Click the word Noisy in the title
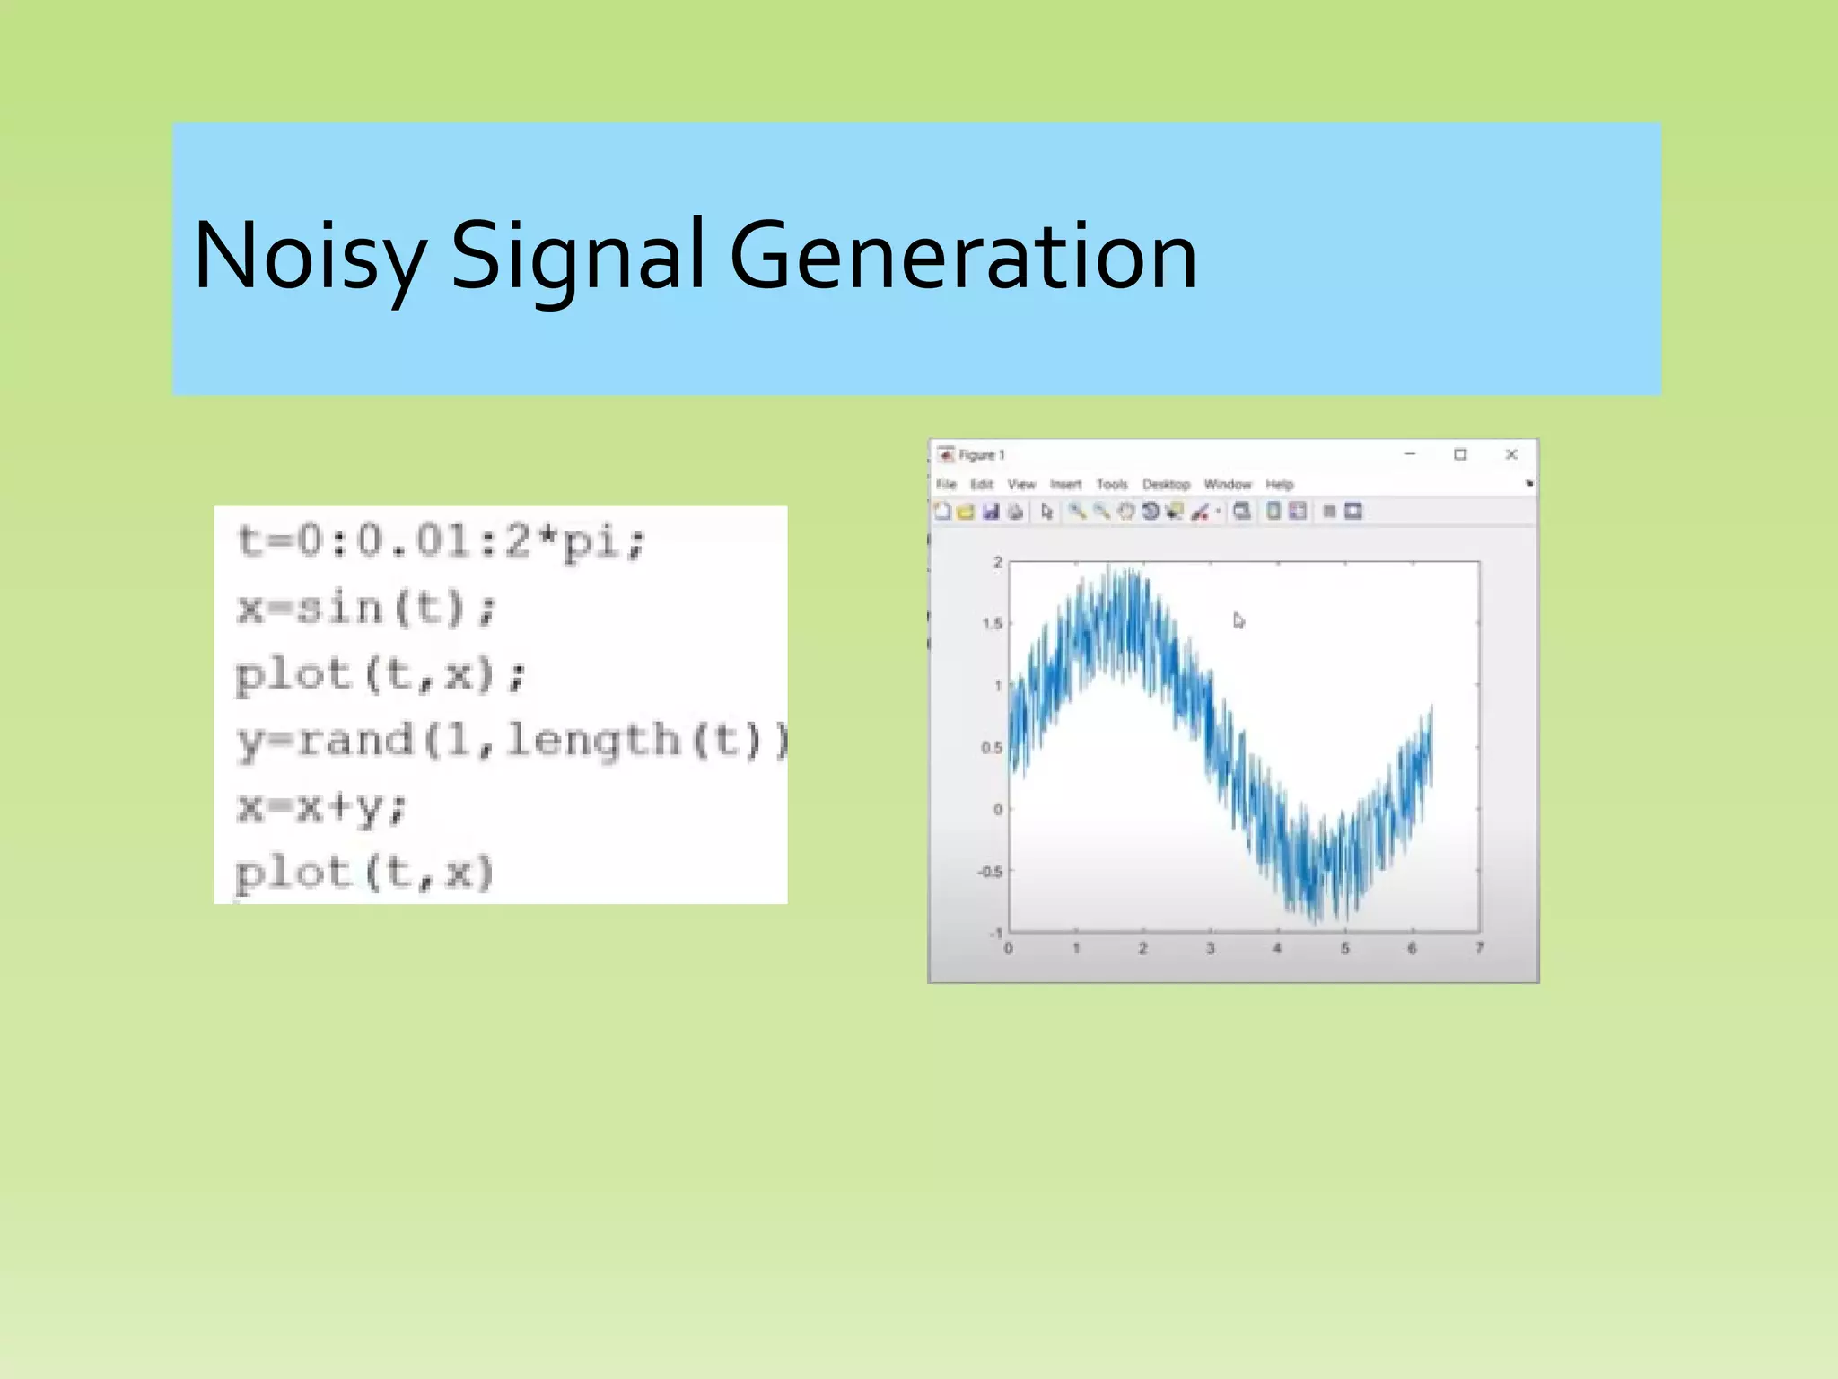click(307, 257)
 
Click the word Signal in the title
click(576, 257)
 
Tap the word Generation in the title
click(963, 257)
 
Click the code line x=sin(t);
click(366, 609)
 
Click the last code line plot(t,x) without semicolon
click(364, 873)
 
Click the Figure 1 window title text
click(981, 455)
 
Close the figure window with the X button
click(1511, 455)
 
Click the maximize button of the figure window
click(1460, 455)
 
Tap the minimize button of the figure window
click(1410, 455)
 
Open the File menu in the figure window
click(946, 485)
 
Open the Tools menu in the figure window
click(1111, 485)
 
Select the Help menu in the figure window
click(1280, 485)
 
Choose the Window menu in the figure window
click(1227, 485)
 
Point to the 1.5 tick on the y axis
click(992, 624)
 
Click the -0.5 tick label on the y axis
click(990, 872)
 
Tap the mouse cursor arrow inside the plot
click(1238, 620)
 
